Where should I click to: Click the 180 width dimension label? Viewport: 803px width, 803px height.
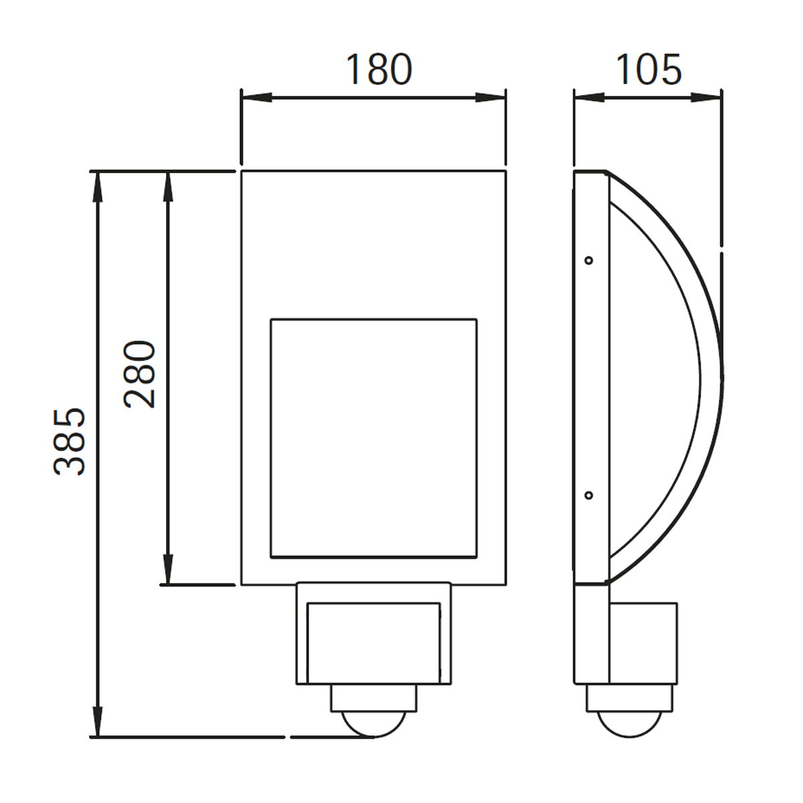379,69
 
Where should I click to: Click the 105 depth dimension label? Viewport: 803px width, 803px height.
648,69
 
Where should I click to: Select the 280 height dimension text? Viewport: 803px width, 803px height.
140,374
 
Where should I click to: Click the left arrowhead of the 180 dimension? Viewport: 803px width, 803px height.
256,98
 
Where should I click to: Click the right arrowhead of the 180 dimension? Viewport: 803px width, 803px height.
491,98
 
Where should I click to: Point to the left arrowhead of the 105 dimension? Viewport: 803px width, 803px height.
589,98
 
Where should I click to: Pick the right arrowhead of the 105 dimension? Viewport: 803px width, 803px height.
707,98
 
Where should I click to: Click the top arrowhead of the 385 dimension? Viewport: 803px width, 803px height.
98,186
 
